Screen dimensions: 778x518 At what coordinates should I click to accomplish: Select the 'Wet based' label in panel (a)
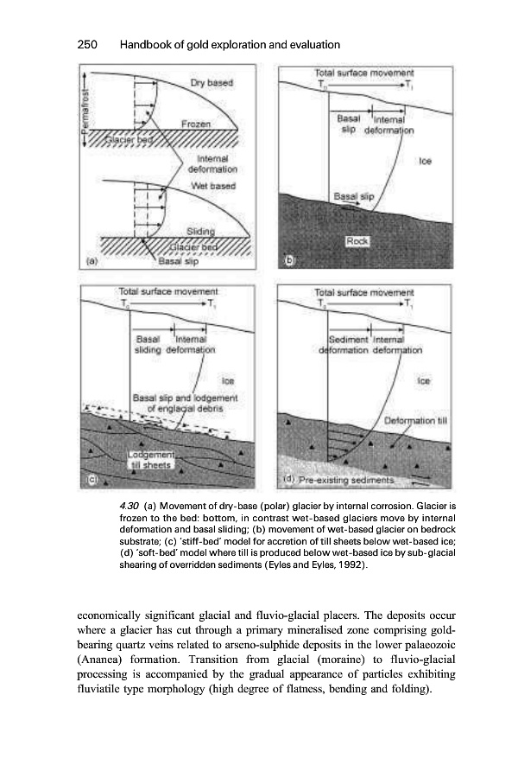pyautogui.click(x=214, y=185)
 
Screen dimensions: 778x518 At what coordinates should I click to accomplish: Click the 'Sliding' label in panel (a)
pyautogui.click(x=200, y=230)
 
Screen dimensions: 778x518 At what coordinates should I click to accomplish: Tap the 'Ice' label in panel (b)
pyautogui.click(x=425, y=161)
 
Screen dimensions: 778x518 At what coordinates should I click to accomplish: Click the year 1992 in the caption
pyautogui.click(x=346, y=565)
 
